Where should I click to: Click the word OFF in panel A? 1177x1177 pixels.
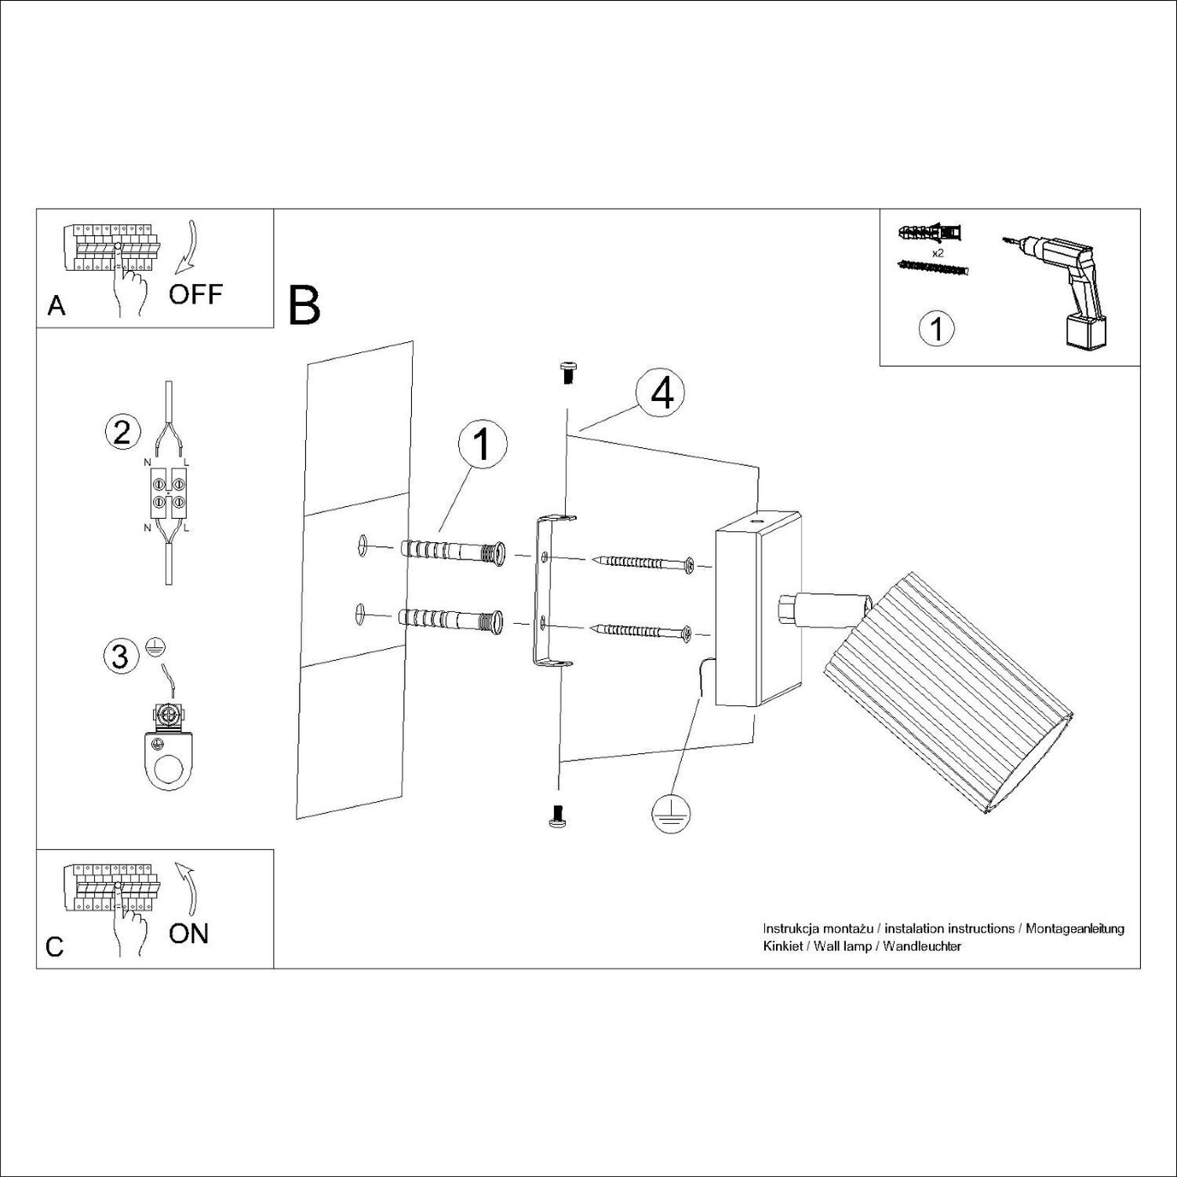click(195, 295)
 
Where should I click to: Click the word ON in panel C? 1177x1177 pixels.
click(189, 933)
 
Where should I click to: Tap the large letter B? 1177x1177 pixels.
click(304, 306)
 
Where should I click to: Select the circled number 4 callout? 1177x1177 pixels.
click(662, 395)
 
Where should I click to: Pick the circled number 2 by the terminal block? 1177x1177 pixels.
click(122, 432)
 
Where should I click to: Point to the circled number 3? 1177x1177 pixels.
click(120, 656)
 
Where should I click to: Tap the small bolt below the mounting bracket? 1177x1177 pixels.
click(558, 816)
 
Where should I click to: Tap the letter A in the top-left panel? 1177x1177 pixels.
click(56, 305)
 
